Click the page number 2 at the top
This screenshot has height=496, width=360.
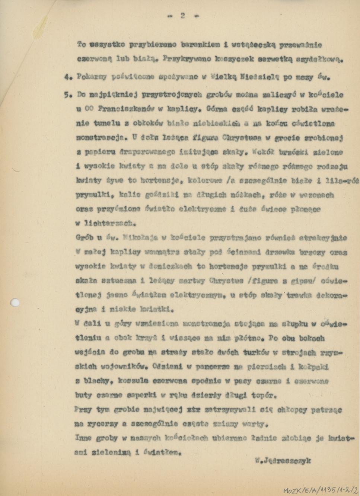click(x=183, y=16)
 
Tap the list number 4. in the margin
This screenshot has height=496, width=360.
click(x=68, y=78)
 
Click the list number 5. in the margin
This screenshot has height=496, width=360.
click(x=67, y=95)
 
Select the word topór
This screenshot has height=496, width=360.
click(x=264, y=395)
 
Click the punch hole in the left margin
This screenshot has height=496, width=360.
click(x=15, y=303)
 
